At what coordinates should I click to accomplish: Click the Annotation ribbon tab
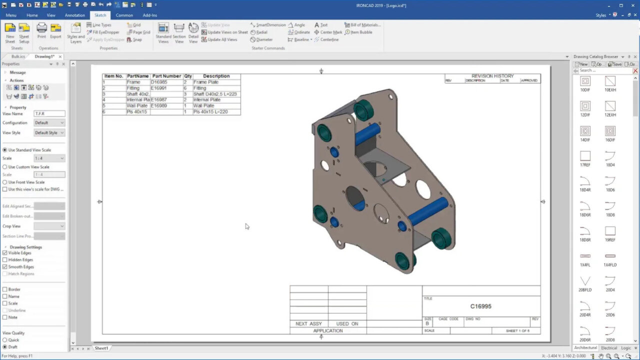[x=74, y=15]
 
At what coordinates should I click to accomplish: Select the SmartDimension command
[x=270, y=25]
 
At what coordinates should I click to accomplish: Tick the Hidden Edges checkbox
[x=5, y=260]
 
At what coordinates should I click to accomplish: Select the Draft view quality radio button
[x=5, y=347]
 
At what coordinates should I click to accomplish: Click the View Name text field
[x=49, y=114]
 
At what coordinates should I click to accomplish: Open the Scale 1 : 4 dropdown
[x=49, y=158]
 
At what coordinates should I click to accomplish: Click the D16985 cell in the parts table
[x=159, y=82]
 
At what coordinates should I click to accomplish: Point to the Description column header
[x=216, y=76]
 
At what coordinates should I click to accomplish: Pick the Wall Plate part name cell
[x=137, y=106]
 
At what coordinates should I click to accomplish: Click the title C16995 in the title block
[x=480, y=306]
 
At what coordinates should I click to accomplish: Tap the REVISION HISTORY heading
[x=492, y=76]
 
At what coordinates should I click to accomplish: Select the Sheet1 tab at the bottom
[x=101, y=348]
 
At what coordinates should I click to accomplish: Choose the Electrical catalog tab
[x=608, y=348]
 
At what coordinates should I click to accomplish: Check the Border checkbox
[x=5, y=289]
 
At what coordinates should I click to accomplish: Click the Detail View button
[x=193, y=32]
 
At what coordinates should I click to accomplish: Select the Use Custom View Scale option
[x=5, y=167]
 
